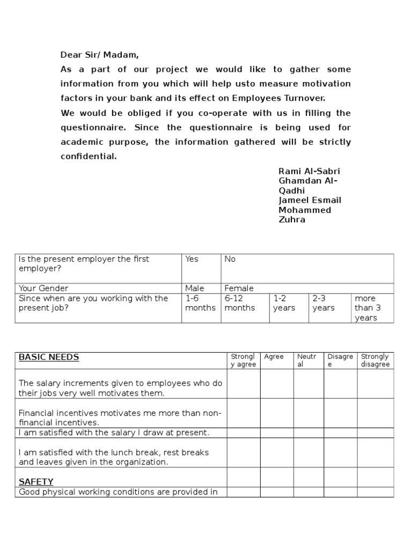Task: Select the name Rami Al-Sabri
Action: [x=309, y=171]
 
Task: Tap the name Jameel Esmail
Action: [x=310, y=200]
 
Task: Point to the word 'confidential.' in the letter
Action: [x=89, y=157]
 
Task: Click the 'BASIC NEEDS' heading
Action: [x=49, y=357]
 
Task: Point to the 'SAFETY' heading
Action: [x=36, y=481]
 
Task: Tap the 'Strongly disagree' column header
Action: [x=375, y=360]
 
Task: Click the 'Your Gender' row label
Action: [x=43, y=288]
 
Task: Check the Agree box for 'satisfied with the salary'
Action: [x=277, y=433]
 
